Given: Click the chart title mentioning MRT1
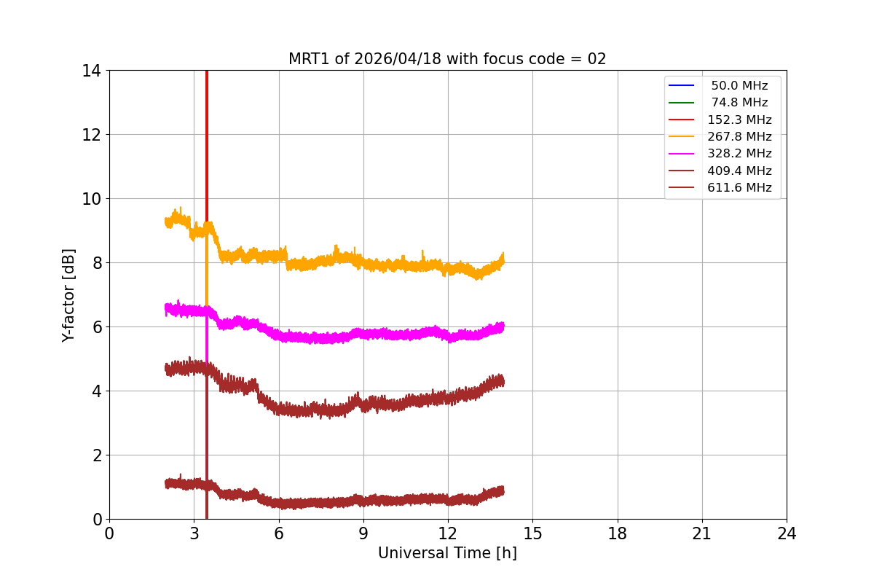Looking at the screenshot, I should (447, 59).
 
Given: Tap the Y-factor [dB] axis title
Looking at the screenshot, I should (68, 294).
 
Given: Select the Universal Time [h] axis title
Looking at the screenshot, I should (447, 553).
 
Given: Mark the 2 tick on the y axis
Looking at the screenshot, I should (95, 455).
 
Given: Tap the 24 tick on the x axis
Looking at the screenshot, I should (787, 533).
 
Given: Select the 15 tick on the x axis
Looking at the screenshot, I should (532, 533).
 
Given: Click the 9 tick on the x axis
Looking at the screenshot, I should (363, 533).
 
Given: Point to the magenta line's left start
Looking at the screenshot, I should (166, 308).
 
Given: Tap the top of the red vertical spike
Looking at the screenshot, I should (207, 71).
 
